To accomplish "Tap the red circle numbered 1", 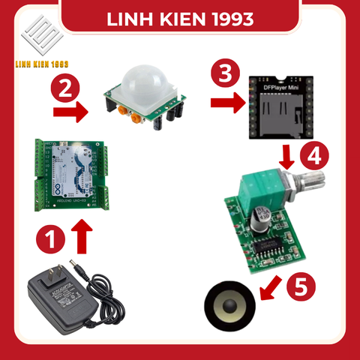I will pos(50,240).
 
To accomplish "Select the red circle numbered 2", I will pos(65,88).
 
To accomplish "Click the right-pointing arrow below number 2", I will pos(70,115).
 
